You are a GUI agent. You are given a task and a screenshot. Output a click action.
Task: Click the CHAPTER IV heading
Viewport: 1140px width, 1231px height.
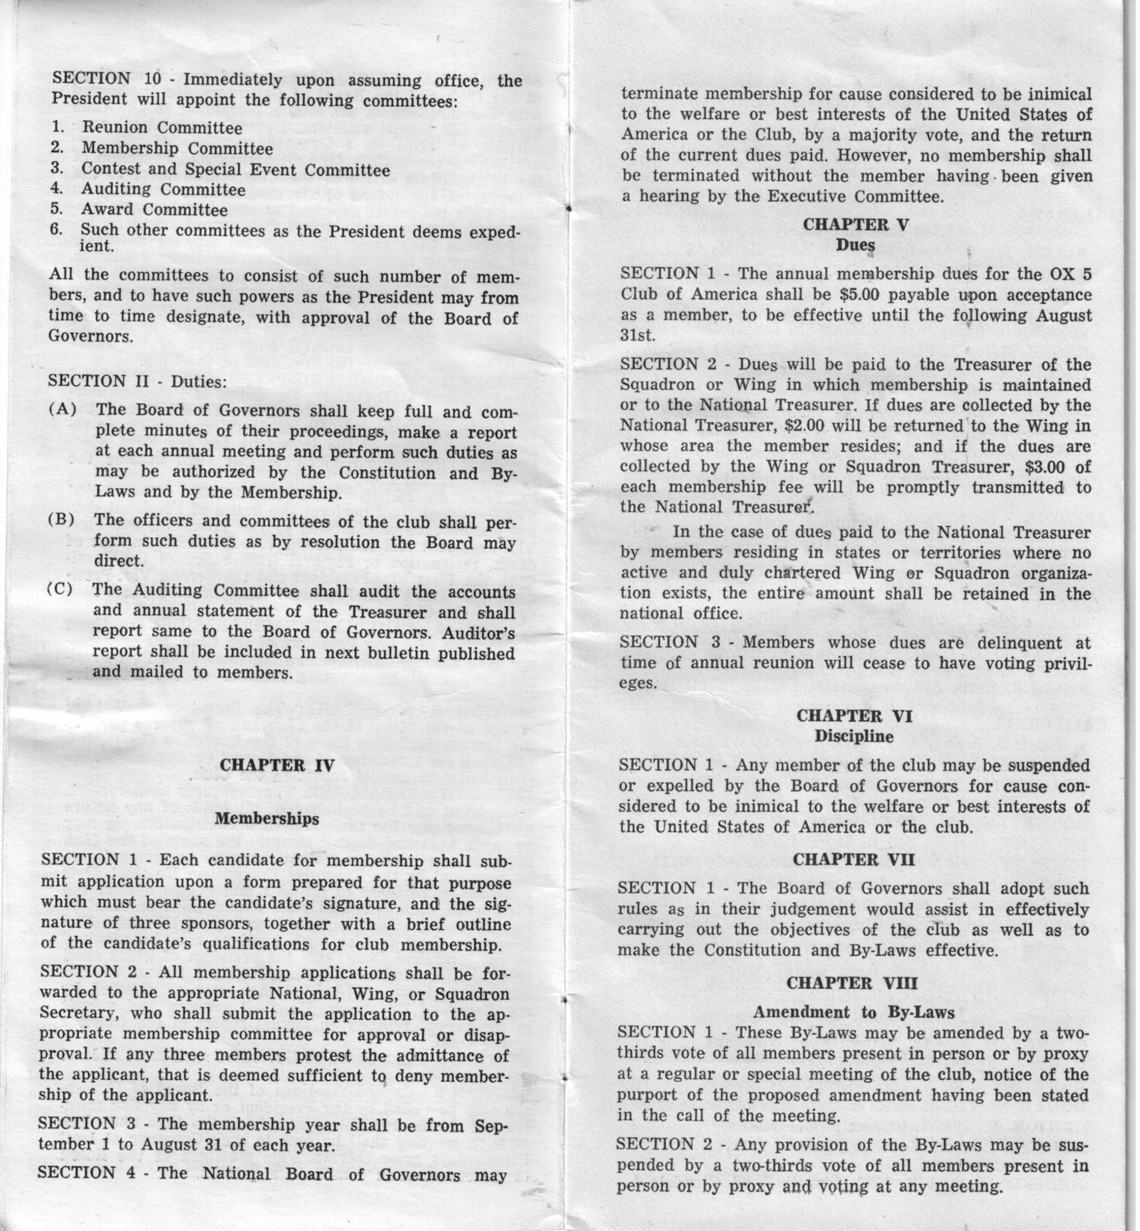point(277,765)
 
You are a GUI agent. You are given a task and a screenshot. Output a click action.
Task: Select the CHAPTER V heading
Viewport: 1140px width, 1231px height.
point(856,225)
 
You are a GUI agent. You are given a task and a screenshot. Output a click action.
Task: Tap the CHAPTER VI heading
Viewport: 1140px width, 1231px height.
point(854,716)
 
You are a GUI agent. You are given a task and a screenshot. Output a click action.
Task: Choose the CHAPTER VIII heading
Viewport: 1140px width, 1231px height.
point(852,983)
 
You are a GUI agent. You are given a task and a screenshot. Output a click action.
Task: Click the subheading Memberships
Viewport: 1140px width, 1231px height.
point(267,819)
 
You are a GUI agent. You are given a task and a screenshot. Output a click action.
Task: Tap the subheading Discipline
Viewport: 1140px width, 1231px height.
point(854,737)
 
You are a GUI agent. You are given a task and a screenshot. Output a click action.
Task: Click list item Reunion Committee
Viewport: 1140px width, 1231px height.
point(162,128)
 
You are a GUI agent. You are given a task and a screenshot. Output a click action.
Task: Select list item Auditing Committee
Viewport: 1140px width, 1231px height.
point(163,189)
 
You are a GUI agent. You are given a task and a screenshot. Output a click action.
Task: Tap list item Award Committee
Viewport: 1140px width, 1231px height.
point(154,210)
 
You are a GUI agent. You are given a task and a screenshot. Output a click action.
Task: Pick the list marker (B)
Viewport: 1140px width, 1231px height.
point(62,519)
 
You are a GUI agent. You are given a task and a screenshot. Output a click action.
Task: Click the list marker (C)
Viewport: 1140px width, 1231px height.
point(60,589)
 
